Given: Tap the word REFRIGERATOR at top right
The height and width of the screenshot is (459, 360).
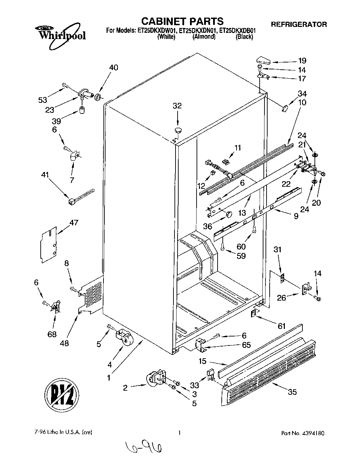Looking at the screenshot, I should (299, 24).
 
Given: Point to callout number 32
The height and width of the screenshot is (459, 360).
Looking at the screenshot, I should (177, 106).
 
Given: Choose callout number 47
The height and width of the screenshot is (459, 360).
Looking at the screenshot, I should (74, 223).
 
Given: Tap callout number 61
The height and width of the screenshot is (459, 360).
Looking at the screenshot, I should (282, 326).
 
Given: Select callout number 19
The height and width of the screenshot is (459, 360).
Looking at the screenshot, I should (302, 61).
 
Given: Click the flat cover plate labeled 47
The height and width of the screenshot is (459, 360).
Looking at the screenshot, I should (48, 244).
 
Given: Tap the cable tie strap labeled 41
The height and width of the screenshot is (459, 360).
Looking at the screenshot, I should (81, 196).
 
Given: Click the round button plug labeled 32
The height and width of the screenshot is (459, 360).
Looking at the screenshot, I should (178, 130).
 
